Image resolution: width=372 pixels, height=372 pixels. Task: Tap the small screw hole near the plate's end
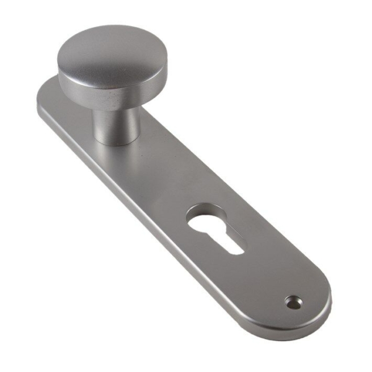coord(291,302)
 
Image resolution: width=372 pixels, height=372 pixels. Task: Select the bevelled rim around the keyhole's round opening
coord(197,211)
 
